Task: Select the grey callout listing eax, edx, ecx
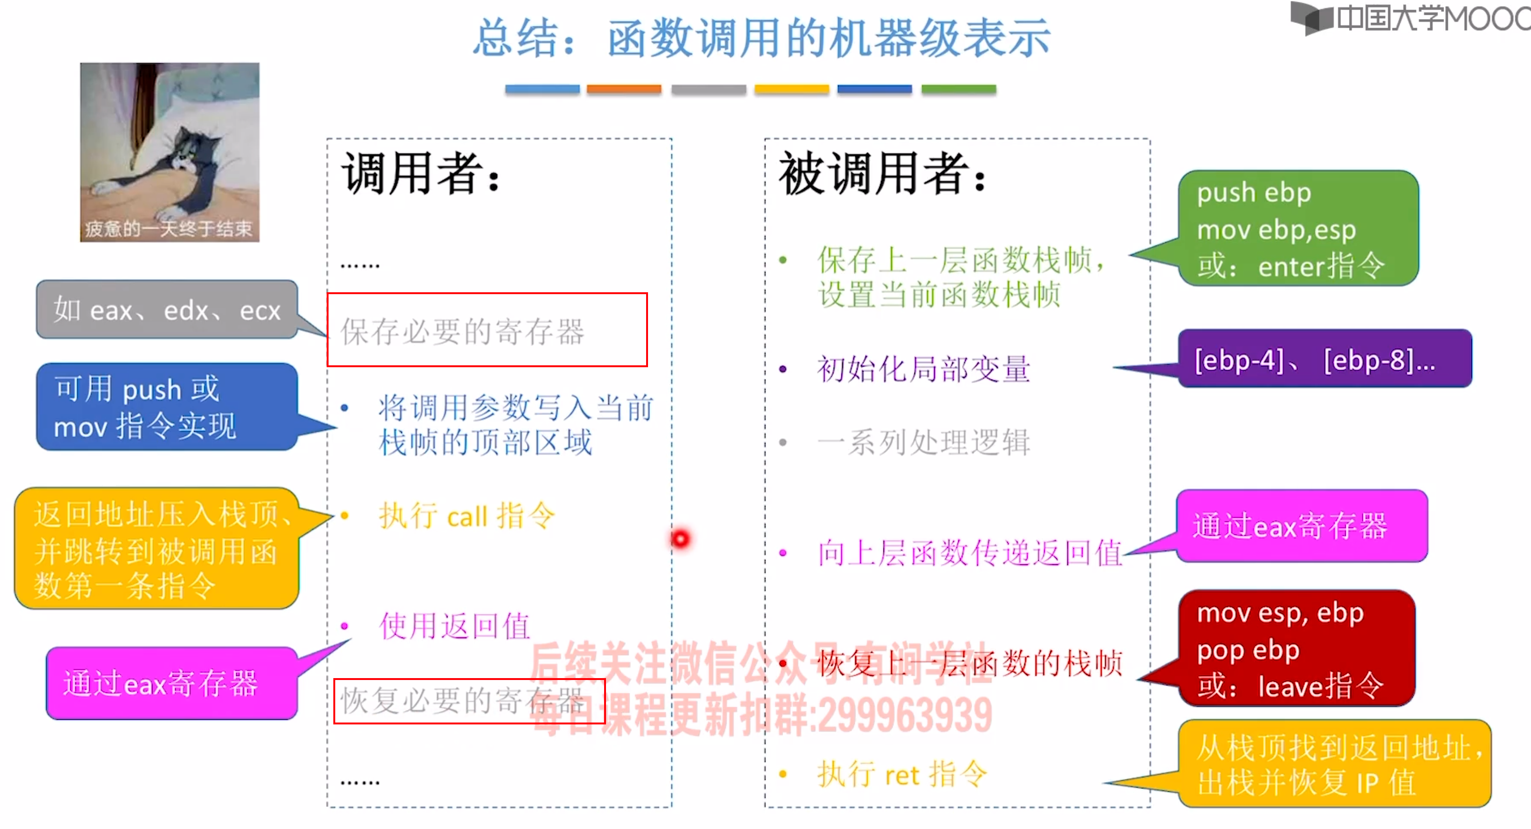coord(166,309)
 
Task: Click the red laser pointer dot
coord(680,538)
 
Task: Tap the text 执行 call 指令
coord(467,515)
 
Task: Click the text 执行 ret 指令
coord(901,774)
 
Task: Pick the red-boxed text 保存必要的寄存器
coord(462,331)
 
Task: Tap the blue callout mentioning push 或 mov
coord(166,407)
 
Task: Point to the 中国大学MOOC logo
coord(1409,18)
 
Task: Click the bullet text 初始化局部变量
coord(923,369)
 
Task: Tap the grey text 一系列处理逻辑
coord(923,443)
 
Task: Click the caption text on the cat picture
coord(170,229)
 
